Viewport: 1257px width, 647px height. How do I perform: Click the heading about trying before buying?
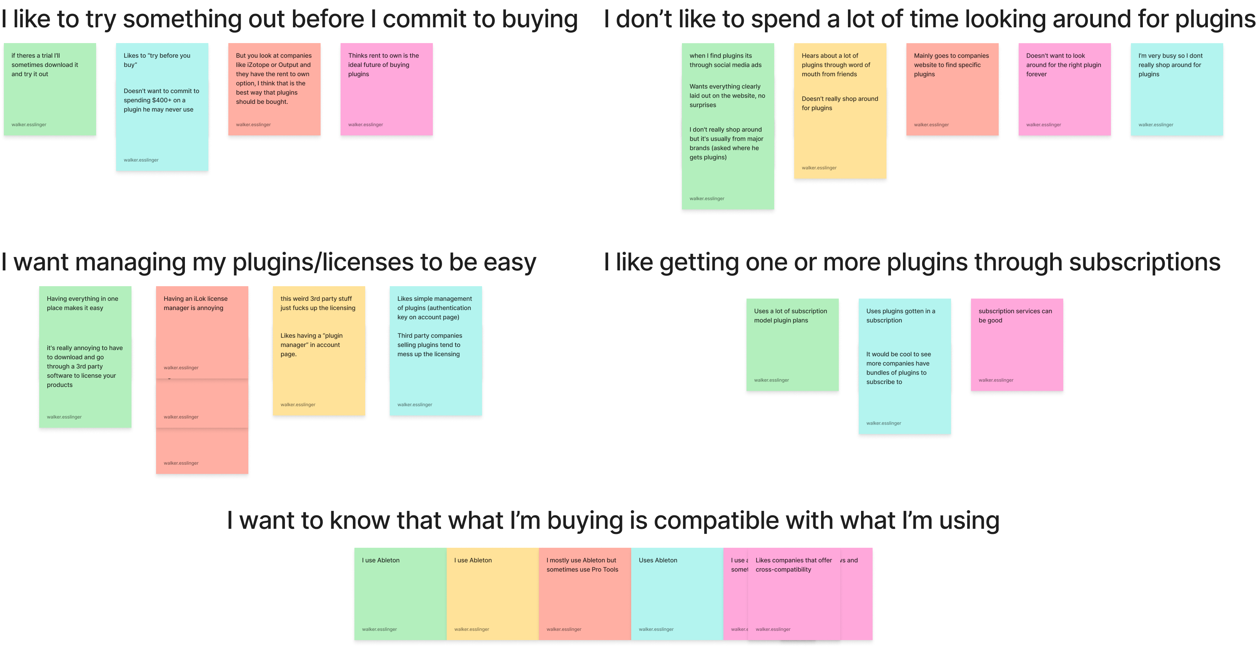[x=289, y=20]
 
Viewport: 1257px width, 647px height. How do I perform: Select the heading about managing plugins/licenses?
[x=268, y=262]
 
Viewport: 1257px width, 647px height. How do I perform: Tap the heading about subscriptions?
[x=911, y=262]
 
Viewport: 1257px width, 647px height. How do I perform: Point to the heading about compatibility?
[x=613, y=520]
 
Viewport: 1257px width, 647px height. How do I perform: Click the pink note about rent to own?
[x=386, y=89]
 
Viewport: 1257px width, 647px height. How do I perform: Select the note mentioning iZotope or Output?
[x=274, y=89]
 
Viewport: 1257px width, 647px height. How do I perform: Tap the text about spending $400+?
[x=161, y=100]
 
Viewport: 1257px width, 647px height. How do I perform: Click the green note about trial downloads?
[x=49, y=89]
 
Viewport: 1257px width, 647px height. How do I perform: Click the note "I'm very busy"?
[x=1177, y=89]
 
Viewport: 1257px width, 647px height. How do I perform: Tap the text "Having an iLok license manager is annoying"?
[x=195, y=303]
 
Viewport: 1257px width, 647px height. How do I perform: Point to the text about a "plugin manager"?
[x=311, y=345]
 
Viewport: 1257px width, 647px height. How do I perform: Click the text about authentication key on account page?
[x=434, y=308]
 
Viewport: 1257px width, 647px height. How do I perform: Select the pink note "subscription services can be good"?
[x=1016, y=344]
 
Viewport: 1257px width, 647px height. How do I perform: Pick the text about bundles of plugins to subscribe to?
[x=898, y=368]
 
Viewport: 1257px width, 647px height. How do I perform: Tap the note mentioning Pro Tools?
[x=584, y=593]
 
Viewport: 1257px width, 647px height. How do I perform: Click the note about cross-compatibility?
[x=794, y=593]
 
